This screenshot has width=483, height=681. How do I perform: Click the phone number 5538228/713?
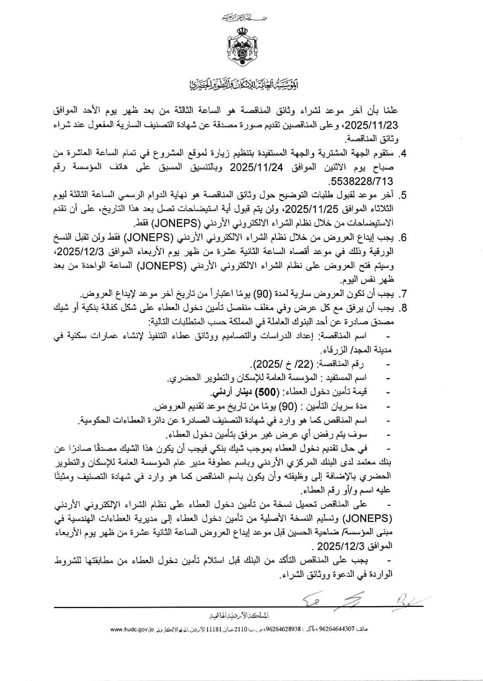click(x=361, y=181)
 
